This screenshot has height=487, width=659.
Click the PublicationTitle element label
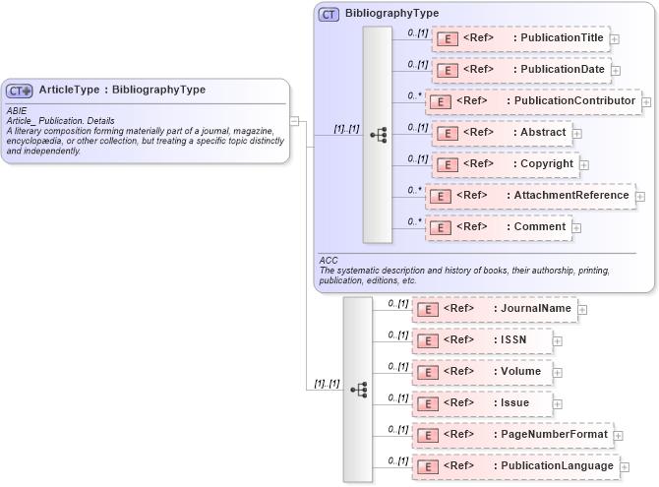[x=562, y=38]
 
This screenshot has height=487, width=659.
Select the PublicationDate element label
[x=562, y=70]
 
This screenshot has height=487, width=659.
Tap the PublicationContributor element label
[x=574, y=101]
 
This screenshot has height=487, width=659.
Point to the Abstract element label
[x=543, y=132]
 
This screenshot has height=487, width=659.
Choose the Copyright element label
[x=547, y=163]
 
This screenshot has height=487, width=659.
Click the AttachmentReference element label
[x=570, y=195]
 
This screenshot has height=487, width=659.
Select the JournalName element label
[x=535, y=308]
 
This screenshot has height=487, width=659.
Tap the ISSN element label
[x=513, y=339]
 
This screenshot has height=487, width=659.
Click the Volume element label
[x=520, y=371]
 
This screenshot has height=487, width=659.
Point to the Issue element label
[x=514, y=402]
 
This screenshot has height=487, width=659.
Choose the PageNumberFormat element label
[x=551, y=434]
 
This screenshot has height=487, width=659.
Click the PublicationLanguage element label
[x=557, y=465]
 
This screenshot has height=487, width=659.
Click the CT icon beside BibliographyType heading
[x=329, y=15]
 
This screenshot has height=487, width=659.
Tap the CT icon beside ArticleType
[x=20, y=91]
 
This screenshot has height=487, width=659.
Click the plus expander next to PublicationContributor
[x=646, y=101]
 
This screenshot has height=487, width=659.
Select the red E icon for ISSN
[x=428, y=340]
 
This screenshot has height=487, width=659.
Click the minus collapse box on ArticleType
[x=294, y=121]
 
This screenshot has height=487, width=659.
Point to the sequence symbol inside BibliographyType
[x=378, y=134]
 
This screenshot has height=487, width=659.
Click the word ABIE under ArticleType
[x=17, y=111]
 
